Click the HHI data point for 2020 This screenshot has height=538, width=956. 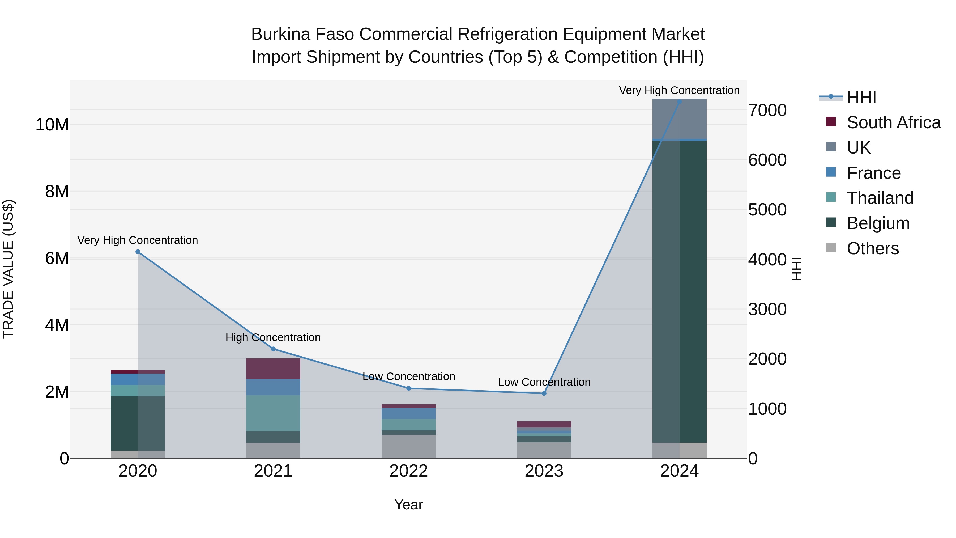pos(138,252)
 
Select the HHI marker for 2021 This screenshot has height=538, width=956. pos(273,349)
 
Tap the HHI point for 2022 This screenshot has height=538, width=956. pos(409,388)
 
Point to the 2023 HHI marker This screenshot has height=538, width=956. pos(544,393)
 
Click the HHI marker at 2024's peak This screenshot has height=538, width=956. pos(680,102)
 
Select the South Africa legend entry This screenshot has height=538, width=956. pos(893,122)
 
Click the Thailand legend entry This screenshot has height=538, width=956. pos(880,198)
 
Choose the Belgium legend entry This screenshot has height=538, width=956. pos(878,223)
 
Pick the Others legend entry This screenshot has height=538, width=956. pos(873,248)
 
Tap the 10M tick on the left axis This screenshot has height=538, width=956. pos(52,125)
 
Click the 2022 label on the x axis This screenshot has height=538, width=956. pos(409,471)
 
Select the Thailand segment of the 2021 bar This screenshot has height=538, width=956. pos(273,413)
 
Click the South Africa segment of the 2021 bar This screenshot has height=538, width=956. pos(273,369)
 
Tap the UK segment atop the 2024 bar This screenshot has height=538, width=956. pos(680,120)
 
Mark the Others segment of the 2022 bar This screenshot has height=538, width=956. pos(409,447)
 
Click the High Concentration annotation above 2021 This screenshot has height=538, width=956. pos(273,337)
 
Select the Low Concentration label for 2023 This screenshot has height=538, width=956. pos(544,382)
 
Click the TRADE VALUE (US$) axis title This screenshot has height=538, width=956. pos(8,269)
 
